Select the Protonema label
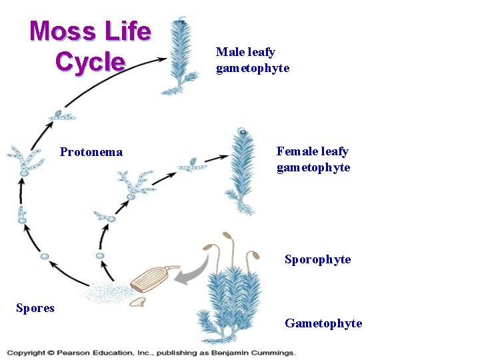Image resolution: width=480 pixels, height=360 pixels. click(x=91, y=152)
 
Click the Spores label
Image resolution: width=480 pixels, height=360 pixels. click(x=35, y=307)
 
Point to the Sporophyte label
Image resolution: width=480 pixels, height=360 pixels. click(x=317, y=259)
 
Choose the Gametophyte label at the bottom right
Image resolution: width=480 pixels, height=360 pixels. click(x=323, y=323)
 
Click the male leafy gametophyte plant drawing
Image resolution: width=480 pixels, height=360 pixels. click(x=181, y=57)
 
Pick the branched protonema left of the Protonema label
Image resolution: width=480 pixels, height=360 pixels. click(x=25, y=158)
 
